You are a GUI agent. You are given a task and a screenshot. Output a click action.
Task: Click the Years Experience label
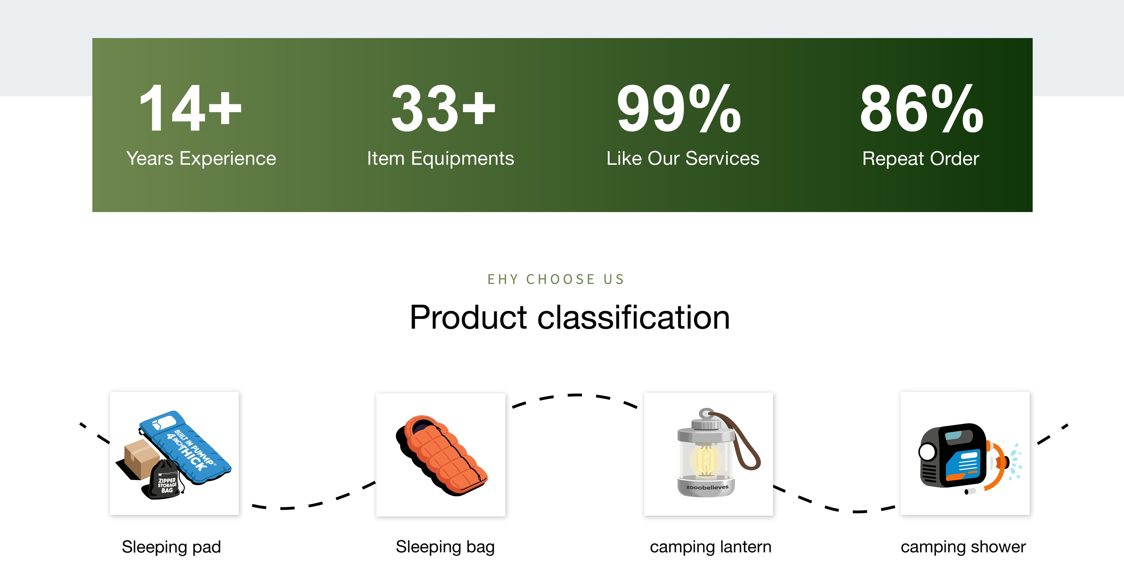(x=201, y=158)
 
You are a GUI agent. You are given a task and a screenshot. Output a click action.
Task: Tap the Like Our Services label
(x=683, y=158)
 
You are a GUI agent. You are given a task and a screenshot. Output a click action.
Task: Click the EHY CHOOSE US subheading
(x=556, y=279)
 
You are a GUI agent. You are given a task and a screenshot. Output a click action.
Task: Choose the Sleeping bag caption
(x=445, y=547)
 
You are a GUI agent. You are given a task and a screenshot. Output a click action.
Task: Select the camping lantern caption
(x=711, y=547)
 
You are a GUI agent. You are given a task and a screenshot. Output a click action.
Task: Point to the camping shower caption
(x=963, y=547)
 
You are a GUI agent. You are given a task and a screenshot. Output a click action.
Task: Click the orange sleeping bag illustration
(x=442, y=455)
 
